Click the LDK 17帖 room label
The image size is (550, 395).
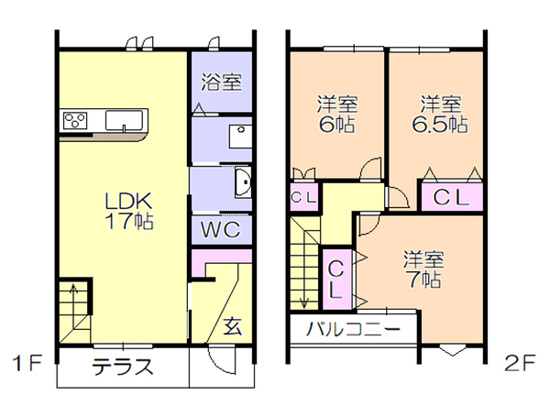point(129,211)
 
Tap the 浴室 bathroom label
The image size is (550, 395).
point(221,82)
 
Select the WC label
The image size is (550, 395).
point(221,230)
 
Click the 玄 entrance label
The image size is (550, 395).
point(233,326)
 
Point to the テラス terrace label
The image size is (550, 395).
point(123,367)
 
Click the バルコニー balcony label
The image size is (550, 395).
point(353,329)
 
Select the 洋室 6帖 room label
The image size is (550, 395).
point(337,114)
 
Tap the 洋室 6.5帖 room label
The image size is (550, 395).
point(440,114)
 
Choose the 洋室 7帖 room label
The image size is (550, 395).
point(423,269)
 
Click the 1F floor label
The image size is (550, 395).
point(27,364)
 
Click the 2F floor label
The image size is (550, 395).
point(521,364)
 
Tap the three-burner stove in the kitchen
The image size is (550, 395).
point(75,120)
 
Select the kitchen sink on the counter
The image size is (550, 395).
point(124,120)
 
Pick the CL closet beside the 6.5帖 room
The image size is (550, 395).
point(452,198)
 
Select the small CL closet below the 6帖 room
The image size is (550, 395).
point(303,198)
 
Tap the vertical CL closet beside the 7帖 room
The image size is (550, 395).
point(336,280)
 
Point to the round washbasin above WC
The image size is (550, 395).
point(244,182)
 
